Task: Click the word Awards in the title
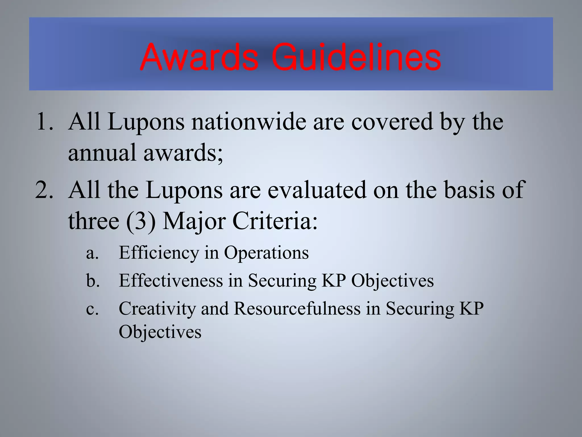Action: [199, 57]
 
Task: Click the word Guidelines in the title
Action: [356, 57]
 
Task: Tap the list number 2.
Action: [44, 190]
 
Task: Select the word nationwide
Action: [248, 122]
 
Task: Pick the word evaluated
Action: [317, 190]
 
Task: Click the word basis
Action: [469, 190]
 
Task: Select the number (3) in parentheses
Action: [141, 221]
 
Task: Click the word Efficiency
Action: [159, 253]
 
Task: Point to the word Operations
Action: [266, 253]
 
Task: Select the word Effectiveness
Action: [171, 281]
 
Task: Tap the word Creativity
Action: [157, 309]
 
